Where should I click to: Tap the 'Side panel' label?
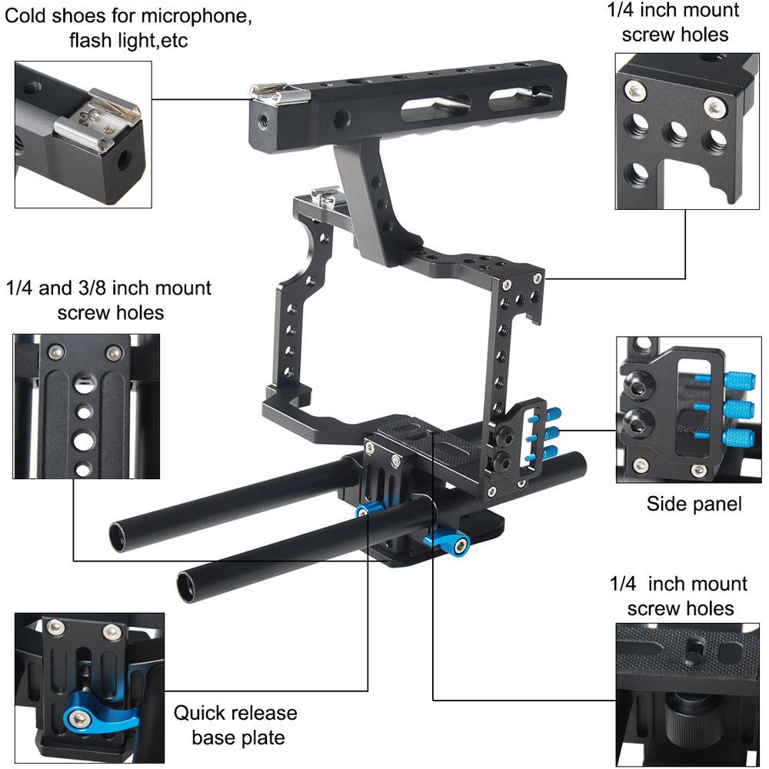tap(694, 504)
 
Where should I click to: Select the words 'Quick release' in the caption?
tap(235, 713)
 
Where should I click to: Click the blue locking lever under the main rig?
tap(446, 541)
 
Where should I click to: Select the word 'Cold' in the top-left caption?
tap(30, 15)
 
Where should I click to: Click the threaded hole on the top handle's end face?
tap(265, 122)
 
